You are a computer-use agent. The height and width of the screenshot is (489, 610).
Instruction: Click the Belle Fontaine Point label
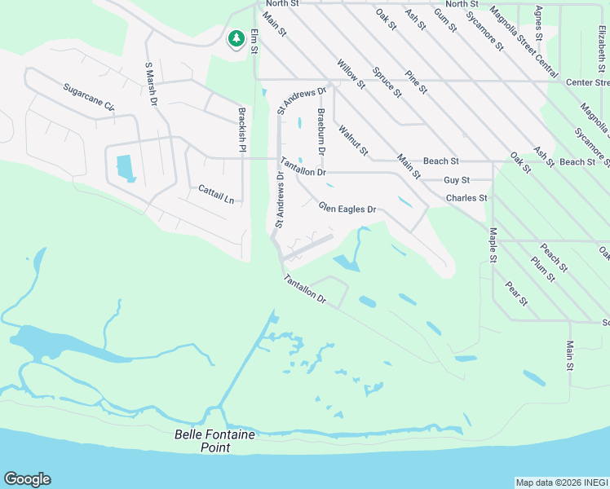(x=214, y=441)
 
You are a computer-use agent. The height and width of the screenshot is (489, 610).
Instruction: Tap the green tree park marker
(x=236, y=38)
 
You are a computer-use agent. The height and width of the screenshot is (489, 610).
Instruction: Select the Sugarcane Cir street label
(x=89, y=96)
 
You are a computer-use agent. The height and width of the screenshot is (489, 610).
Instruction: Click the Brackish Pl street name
(x=242, y=130)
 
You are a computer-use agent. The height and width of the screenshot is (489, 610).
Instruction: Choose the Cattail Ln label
(x=216, y=194)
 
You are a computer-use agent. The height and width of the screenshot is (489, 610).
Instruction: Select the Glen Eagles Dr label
(x=347, y=209)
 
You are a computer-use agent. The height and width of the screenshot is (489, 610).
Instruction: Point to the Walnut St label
(x=354, y=140)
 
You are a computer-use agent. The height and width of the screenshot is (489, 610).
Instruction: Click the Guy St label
(x=457, y=179)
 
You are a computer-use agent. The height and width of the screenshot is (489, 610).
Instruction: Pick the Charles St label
(x=466, y=198)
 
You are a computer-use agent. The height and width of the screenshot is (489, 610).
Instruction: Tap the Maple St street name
(x=493, y=245)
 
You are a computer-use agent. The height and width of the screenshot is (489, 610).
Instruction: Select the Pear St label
(x=517, y=294)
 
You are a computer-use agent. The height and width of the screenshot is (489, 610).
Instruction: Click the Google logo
(x=27, y=479)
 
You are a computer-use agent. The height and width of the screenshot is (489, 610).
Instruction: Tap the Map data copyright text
(x=561, y=482)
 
